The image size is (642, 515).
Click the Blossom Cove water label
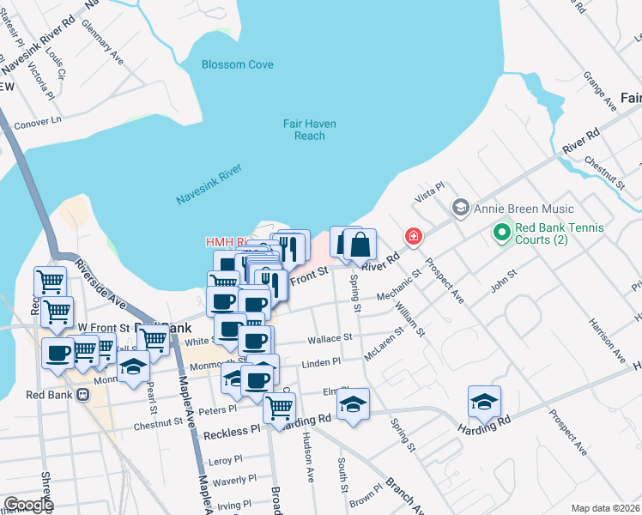click(x=237, y=65)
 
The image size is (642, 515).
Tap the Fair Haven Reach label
click(x=310, y=130)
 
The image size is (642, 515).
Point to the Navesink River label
click(x=209, y=187)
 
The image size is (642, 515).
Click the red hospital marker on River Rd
click(x=414, y=236)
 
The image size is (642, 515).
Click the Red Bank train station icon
click(x=82, y=395)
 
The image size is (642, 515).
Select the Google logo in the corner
click(x=27, y=505)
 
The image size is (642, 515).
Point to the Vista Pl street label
click(x=429, y=187)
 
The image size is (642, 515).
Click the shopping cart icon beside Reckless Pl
click(x=279, y=410)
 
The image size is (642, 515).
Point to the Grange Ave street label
click(x=600, y=91)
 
